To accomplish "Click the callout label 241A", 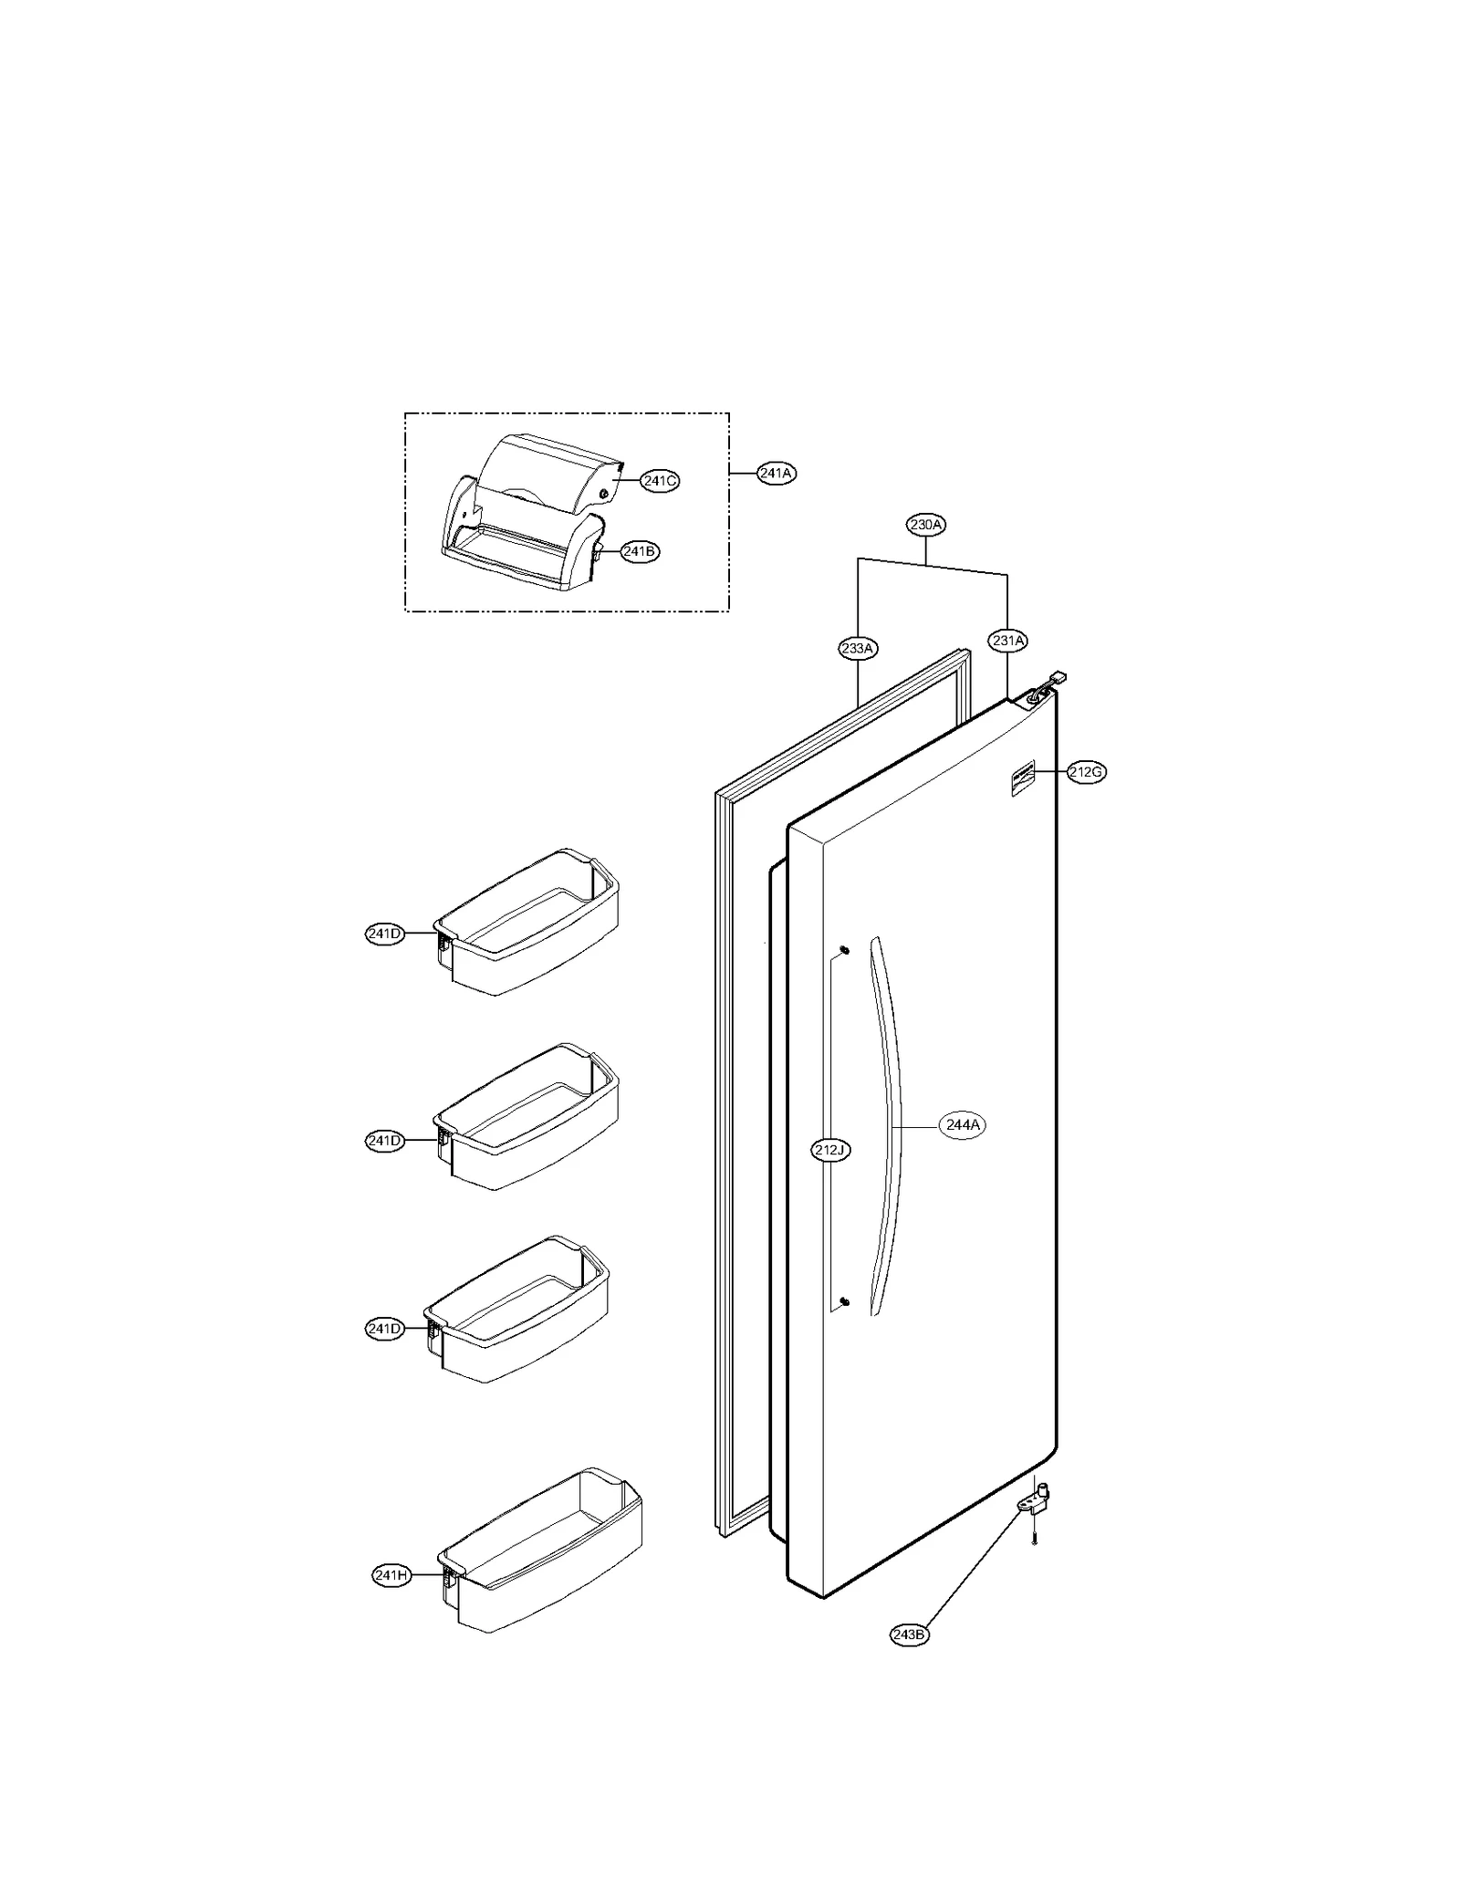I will (x=776, y=474).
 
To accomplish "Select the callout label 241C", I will (x=659, y=481).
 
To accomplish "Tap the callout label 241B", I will (x=639, y=551).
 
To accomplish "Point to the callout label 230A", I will (x=925, y=525).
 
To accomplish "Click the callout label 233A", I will (x=858, y=649).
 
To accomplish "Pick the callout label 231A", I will (x=1008, y=641).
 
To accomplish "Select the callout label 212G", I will (x=1086, y=772).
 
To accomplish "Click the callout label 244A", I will (x=963, y=1125).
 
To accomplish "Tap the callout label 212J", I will (x=830, y=1150).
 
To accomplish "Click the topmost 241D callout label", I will (x=384, y=934).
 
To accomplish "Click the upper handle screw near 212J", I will (x=843, y=951).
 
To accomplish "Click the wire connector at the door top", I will (x=1057, y=678).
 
